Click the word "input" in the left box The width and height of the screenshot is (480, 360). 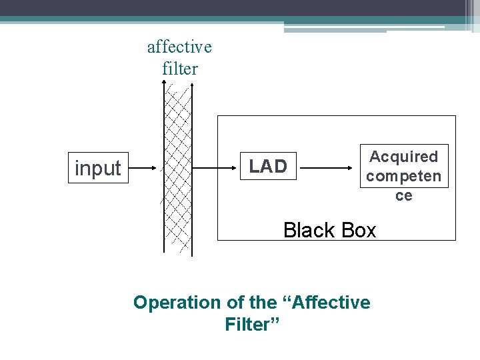(98, 169)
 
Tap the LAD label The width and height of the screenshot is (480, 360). (268, 167)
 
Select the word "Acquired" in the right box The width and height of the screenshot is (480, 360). (403, 157)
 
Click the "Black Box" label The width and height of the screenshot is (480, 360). (329, 230)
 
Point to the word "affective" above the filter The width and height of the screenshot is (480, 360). (179, 47)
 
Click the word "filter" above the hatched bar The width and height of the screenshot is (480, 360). (180, 68)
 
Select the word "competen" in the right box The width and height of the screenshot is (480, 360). (403, 176)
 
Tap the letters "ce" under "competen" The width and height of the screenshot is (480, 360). (404, 195)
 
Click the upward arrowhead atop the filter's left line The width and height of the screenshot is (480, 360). (165, 83)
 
